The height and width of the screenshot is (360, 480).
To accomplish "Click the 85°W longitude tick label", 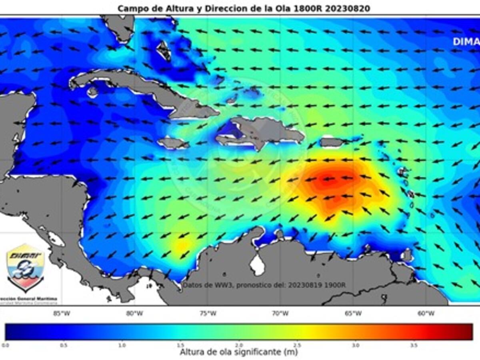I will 61,313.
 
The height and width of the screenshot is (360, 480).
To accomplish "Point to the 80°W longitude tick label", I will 134,313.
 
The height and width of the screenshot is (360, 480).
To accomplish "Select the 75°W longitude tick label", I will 208,313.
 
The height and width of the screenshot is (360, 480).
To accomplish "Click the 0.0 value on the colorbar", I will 6,344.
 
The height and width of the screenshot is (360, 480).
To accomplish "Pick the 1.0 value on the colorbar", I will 122,344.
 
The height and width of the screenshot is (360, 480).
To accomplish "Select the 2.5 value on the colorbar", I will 297,344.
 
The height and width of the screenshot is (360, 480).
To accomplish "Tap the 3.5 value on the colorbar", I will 414,344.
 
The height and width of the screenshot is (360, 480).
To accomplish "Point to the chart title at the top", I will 244,8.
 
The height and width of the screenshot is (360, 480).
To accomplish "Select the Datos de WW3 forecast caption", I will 264,285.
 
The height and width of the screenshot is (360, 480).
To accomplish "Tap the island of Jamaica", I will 173,142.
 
